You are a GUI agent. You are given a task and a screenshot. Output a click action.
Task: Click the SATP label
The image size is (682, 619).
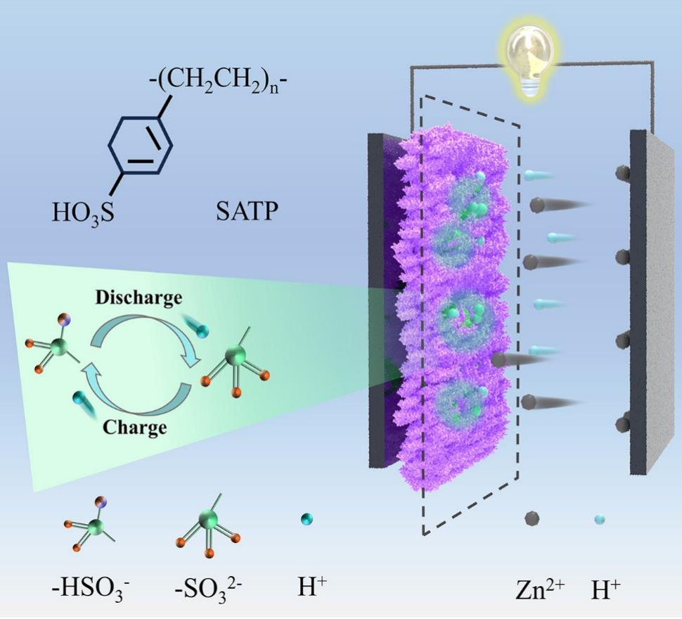pos(244,210)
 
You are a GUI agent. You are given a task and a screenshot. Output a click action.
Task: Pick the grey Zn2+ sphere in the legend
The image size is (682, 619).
pos(532,519)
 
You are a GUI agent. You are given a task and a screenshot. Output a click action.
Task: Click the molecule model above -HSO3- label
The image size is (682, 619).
pos(90,521)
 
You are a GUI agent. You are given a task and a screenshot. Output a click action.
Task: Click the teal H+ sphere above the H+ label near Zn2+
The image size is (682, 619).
pos(600,520)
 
